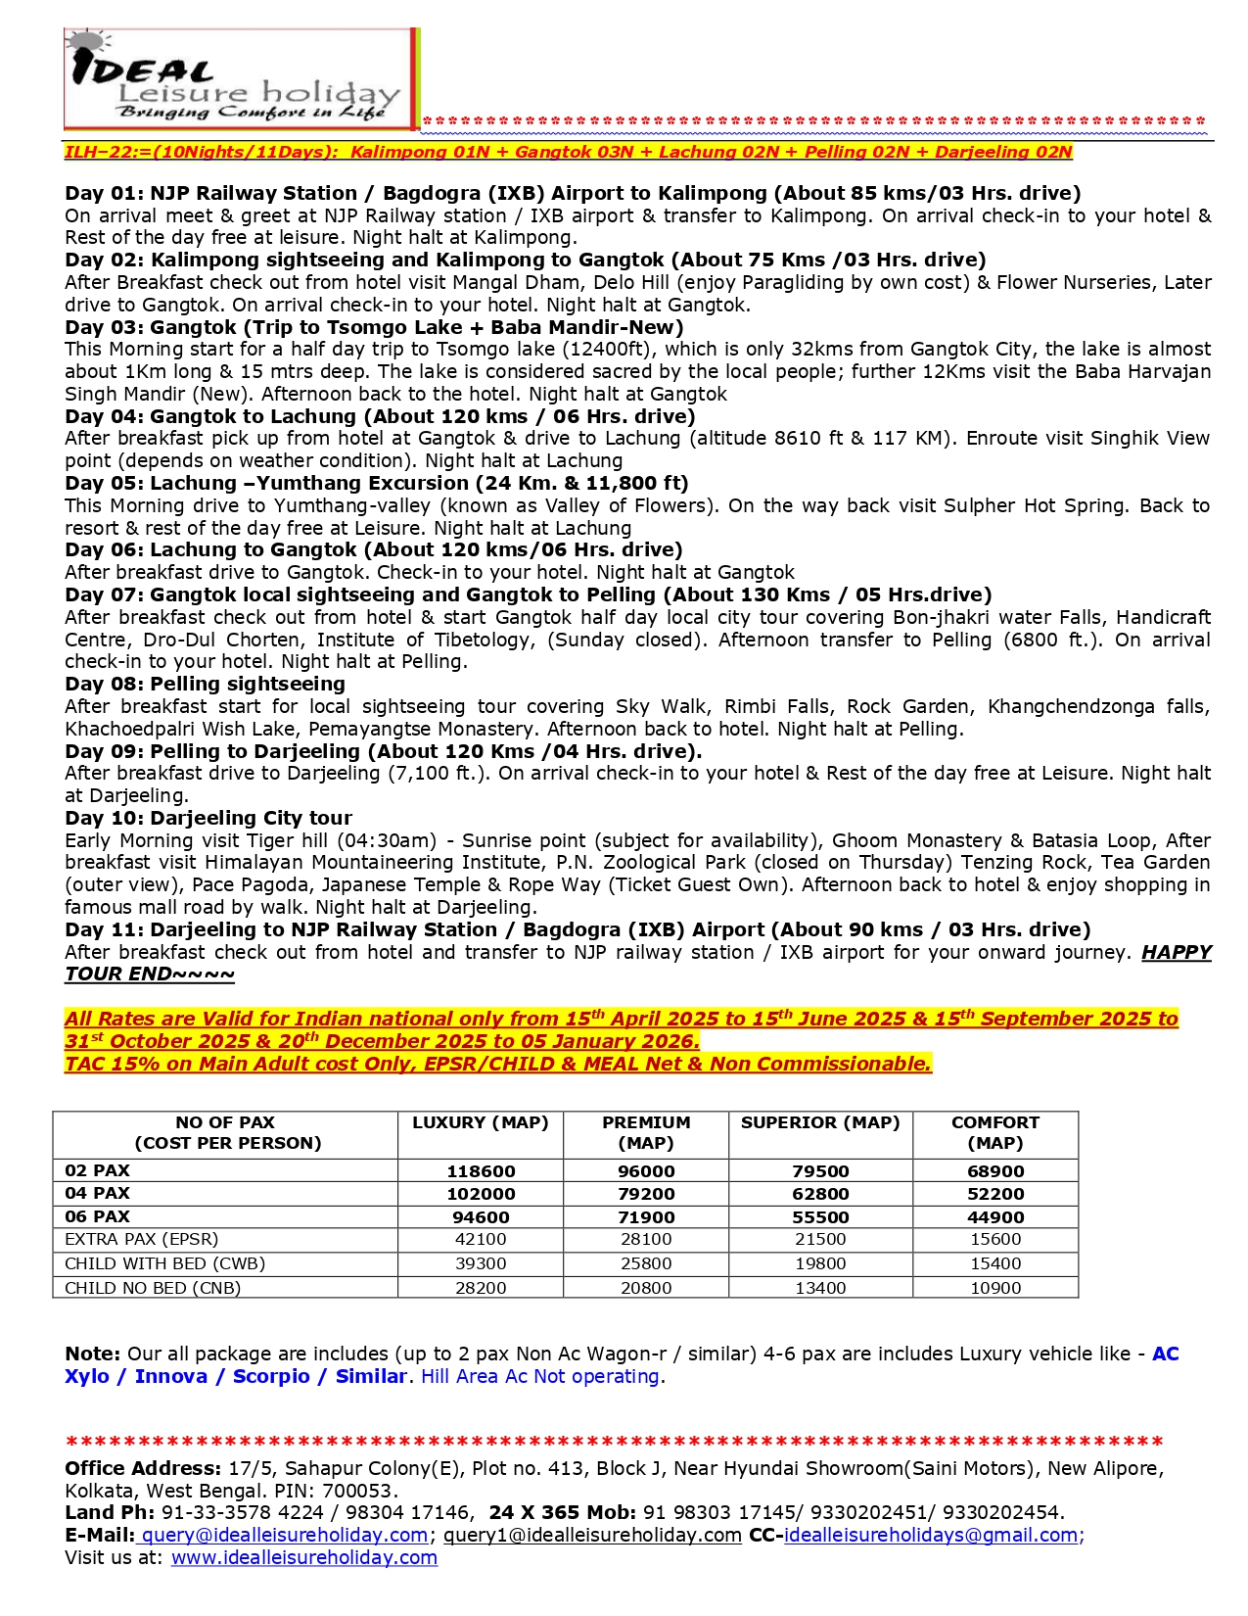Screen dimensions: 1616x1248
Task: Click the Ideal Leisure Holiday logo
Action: coord(241,79)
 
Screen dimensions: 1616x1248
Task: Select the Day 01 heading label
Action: coord(106,193)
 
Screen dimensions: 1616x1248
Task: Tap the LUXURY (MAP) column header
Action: coord(480,1122)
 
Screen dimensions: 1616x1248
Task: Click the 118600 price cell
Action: coord(480,1171)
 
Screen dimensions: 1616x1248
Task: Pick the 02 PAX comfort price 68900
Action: coord(994,1171)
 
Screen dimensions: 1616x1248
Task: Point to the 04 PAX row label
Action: coord(97,1193)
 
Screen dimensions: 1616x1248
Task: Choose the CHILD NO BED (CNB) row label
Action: coord(153,1288)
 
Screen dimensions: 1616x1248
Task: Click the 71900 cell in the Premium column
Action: coord(646,1217)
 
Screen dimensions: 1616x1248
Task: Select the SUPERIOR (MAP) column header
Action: coord(819,1122)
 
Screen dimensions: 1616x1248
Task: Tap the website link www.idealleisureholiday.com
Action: coord(303,1557)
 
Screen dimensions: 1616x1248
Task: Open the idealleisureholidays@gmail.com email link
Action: coord(931,1535)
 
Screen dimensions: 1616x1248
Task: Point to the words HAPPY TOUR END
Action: coord(1176,953)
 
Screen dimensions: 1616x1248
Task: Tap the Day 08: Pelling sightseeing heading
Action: coord(205,684)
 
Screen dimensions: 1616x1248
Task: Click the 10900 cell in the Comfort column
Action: coord(994,1288)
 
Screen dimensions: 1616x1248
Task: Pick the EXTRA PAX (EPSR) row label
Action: coord(141,1239)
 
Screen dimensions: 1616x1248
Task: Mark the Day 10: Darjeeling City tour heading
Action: coord(208,818)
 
